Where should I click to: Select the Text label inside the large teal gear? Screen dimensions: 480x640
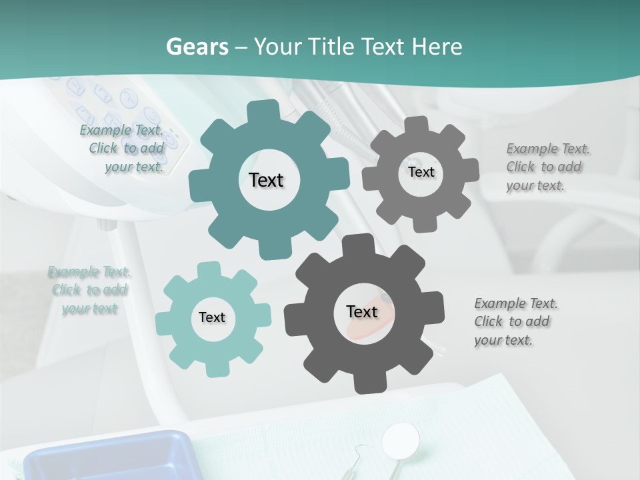[267, 180]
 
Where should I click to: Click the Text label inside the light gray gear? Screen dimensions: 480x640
[421, 172]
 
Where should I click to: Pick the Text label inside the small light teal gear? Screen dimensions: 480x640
[212, 317]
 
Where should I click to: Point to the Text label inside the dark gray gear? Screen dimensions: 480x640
[361, 311]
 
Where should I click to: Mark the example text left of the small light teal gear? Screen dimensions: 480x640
[89, 290]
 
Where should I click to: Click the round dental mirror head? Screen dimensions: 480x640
[401, 439]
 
